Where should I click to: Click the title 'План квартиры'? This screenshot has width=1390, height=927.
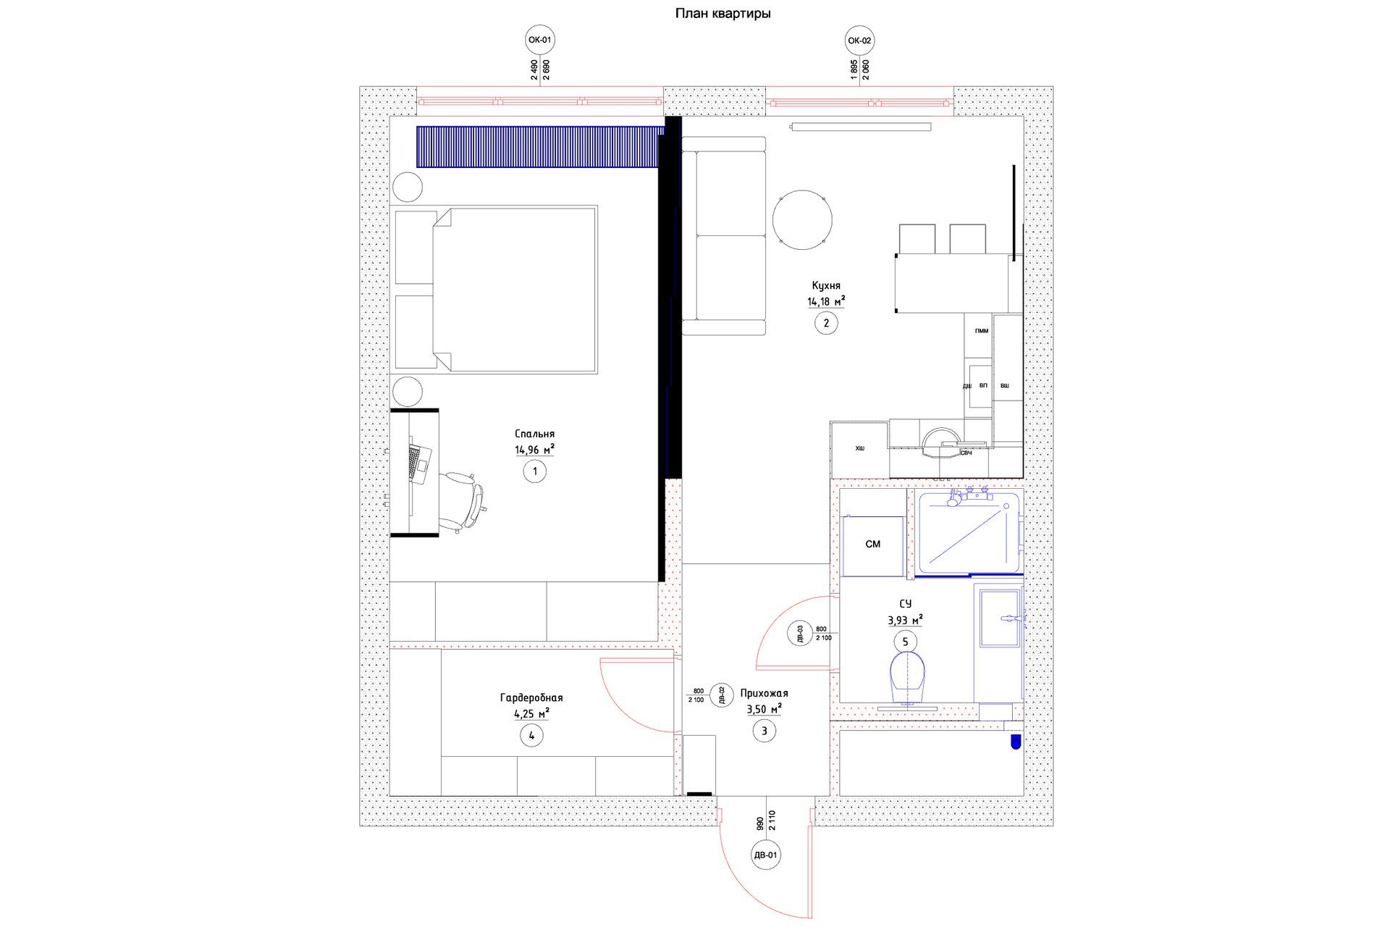coord(723,13)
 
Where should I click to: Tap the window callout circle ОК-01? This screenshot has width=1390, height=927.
coord(540,41)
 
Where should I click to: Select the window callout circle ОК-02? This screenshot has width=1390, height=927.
coord(859,41)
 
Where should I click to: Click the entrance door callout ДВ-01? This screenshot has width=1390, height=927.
coord(765,855)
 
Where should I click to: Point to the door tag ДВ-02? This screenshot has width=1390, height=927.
coord(722,695)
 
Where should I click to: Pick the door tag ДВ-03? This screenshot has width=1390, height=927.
coord(800,634)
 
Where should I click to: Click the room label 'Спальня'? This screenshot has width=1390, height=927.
coord(534,434)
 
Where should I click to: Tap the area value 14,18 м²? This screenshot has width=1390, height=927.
coord(826,301)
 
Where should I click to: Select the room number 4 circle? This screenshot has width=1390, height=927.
coord(531,735)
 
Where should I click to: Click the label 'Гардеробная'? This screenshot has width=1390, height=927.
coord(531,697)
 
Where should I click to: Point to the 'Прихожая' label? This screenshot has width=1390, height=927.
coord(764,693)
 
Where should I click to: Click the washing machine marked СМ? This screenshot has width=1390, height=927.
coord(873,546)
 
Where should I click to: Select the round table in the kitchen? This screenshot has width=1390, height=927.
coord(802,219)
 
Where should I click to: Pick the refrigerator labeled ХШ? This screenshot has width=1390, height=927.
coord(859,449)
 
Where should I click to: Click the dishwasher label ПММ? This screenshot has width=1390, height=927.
coord(981,331)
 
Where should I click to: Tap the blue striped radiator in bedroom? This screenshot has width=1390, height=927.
coord(540,147)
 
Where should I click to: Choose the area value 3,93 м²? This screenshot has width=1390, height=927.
coord(905,620)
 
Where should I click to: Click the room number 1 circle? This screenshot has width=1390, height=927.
coord(535,471)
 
